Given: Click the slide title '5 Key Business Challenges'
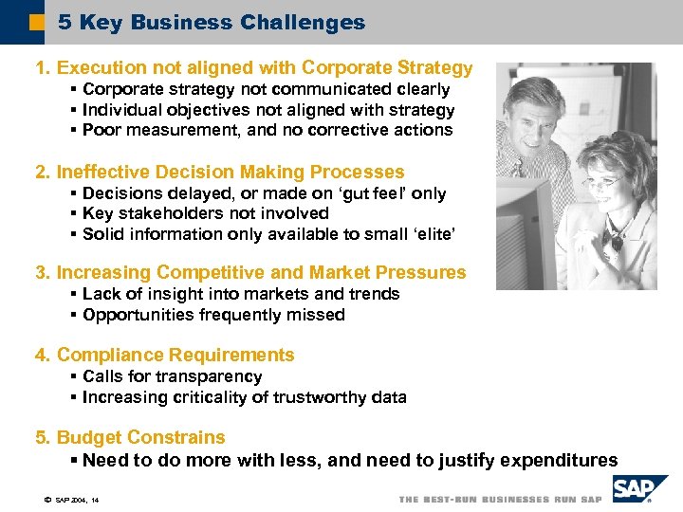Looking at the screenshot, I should (211, 23).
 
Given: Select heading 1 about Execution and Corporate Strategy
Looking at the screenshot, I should (253, 67).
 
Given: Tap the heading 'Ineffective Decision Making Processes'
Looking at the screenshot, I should (220, 172).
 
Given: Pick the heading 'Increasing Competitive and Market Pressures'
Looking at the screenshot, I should (251, 273).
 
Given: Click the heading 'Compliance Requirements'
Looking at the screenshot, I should (165, 356).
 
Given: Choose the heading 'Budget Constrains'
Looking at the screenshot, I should (131, 438).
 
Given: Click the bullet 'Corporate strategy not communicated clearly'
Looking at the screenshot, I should (266, 89).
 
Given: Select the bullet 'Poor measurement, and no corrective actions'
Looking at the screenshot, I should (268, 131).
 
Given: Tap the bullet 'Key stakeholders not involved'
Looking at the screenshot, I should (205, 214).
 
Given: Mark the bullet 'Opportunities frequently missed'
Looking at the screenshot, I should (213, 315).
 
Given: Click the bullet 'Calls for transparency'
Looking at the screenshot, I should (172, 376).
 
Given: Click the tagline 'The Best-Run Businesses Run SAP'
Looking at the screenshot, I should (500, 500).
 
